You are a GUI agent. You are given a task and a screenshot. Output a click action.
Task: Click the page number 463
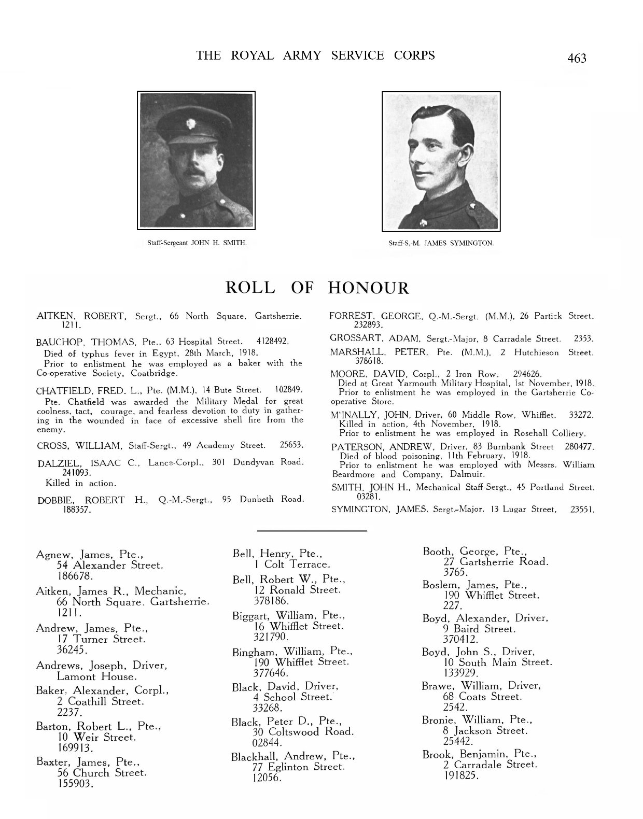coord(577,58)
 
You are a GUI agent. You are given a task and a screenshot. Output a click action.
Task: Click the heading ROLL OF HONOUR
coord(317,288)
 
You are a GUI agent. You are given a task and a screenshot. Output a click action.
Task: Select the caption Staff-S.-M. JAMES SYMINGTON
coord(441,243)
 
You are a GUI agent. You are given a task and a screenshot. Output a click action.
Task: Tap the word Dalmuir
coord(454,474)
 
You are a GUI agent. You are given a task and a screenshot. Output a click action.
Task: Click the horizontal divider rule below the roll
coord(312,531)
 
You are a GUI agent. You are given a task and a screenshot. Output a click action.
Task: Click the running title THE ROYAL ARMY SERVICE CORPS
coord(315,55)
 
